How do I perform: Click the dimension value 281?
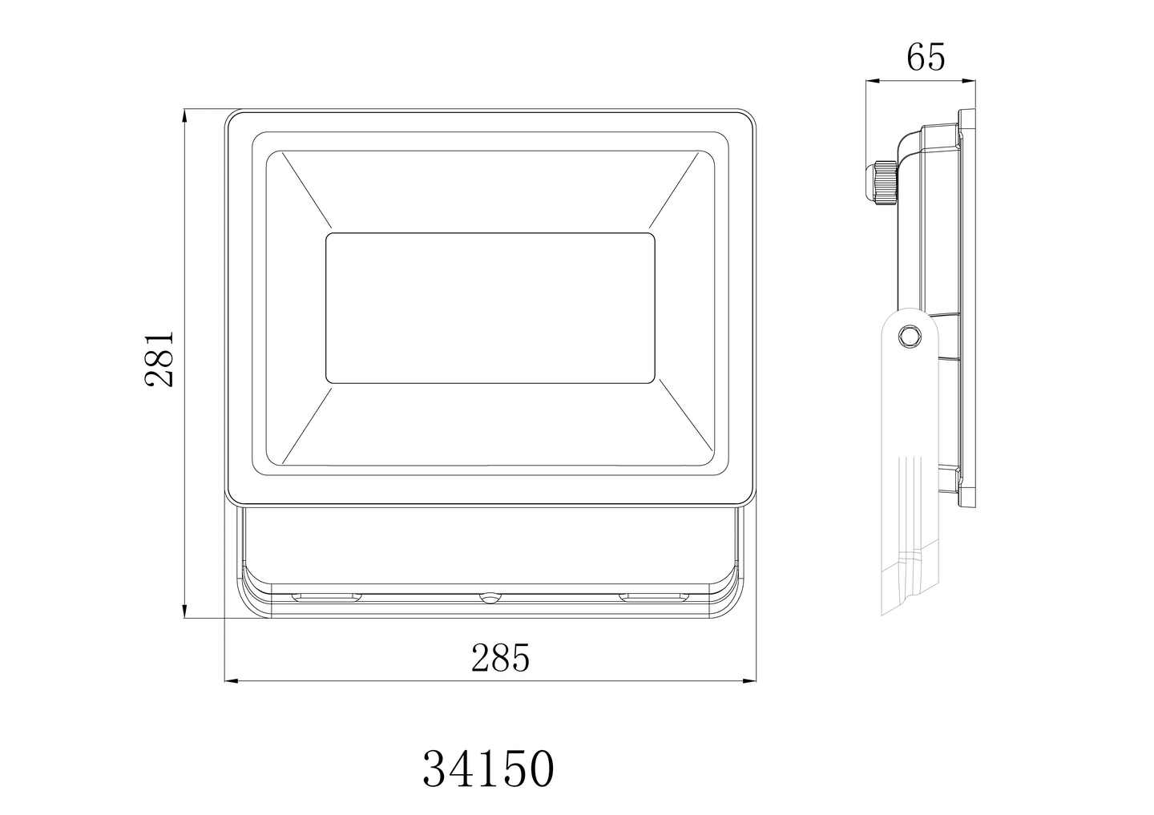click(x=159, y=359)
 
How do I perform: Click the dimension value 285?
click(x=500, y=658)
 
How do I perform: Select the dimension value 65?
click(x=926, y=58)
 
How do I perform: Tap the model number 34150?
click(x=488, y=769)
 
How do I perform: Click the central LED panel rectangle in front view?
click(x=490, y=307)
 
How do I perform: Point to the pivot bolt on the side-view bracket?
click(x=910, y=335)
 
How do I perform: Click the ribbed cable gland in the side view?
click(x=882, y=184)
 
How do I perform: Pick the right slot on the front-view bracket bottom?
click(x=654, y=596)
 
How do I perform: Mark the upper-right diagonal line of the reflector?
click(x=680, y=192)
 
